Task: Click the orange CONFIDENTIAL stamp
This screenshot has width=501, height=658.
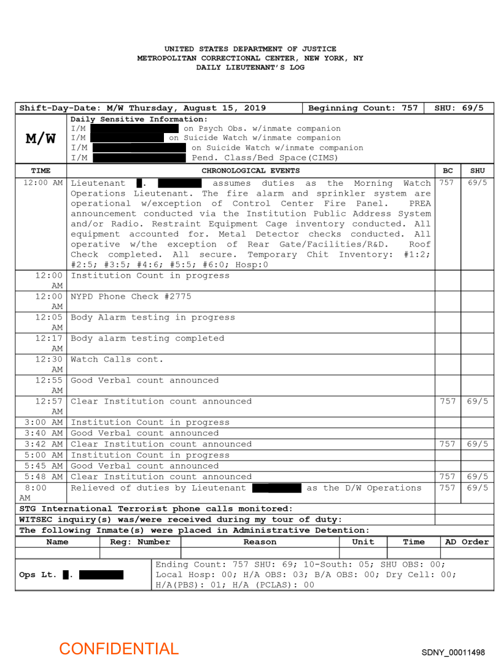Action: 118,648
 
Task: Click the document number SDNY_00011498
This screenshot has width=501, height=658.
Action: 453,652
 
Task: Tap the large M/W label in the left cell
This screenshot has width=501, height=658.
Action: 41,139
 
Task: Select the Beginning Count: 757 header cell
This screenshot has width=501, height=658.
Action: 363,108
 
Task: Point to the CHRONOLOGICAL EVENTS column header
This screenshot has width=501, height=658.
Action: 251,170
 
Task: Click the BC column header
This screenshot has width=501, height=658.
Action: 448,170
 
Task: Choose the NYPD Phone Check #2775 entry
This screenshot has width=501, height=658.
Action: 131,296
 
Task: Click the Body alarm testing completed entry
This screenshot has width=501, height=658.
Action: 147,338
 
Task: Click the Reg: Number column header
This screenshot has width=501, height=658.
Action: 140,541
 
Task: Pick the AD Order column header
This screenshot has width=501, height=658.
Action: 467,541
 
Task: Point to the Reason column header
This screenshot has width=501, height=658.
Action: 260,541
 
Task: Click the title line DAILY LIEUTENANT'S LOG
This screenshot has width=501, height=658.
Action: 250,67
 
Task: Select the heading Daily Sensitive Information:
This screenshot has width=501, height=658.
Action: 139,119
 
